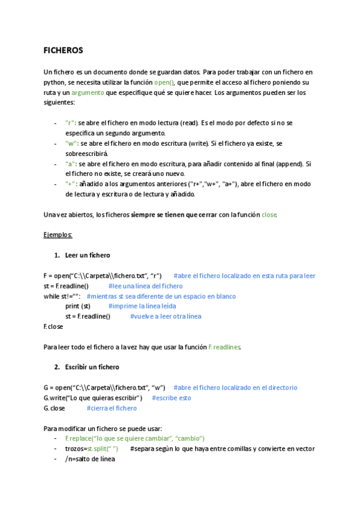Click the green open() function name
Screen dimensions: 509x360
164,82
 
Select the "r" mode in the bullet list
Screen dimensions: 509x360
71,122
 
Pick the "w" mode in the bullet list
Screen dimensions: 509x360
71,143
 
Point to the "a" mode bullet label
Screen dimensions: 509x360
71,164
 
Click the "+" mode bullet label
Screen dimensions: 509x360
71,184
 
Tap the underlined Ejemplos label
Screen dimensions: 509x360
58,235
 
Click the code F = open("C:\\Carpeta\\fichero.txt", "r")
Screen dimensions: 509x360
103,276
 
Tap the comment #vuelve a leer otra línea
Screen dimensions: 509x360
166,316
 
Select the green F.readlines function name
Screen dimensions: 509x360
224,347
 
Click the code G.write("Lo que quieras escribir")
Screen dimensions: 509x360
93,397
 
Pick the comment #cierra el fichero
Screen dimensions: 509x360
112,408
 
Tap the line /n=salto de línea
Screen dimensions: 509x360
90,459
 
